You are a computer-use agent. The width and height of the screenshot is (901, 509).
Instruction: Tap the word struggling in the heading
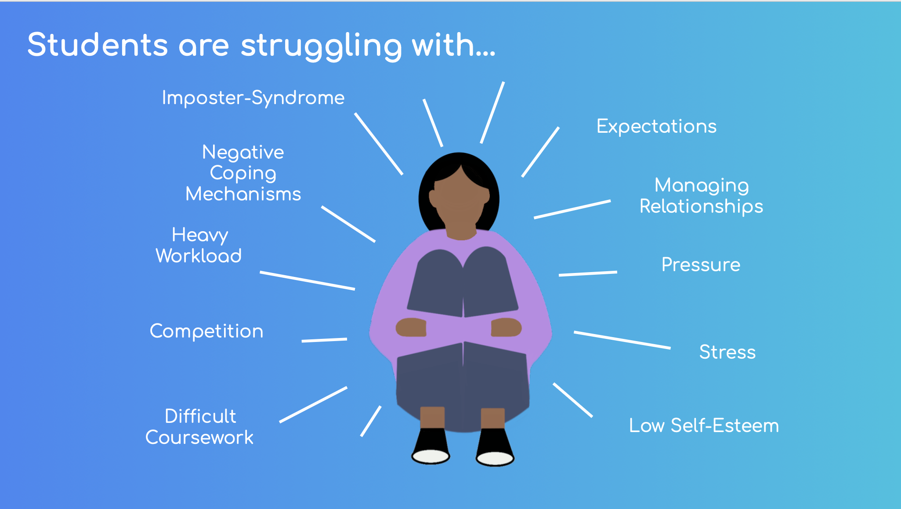point(321,47)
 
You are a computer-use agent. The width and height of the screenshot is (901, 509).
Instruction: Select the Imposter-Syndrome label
point(253,98)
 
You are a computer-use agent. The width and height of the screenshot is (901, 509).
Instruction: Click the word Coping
point(243,174)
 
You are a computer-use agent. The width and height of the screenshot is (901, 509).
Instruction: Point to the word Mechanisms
point(243,194)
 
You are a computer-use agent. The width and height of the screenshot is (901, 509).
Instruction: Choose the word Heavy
point(200,236)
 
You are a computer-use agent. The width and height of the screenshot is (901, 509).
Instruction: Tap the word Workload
point(199,256)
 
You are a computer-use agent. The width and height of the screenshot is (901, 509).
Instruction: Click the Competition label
point(206,331)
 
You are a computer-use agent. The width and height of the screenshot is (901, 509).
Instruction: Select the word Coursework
point(199,437)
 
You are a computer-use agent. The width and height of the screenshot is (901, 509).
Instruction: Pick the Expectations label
point(656,127)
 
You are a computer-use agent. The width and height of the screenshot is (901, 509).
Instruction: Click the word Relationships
point(701,207)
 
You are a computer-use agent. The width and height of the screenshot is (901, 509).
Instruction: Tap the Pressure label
point(701,265)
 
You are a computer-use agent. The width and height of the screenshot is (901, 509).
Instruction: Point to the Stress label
point(727,352)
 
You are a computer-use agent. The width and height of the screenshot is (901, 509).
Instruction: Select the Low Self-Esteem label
point(704,425)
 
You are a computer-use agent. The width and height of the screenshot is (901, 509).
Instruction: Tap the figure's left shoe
point(431,446)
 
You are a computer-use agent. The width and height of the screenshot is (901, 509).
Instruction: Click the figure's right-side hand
point(506,327)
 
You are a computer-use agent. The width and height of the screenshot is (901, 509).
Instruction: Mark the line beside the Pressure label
point(588,274)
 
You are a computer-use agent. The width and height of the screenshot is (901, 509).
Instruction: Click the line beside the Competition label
point(324,340)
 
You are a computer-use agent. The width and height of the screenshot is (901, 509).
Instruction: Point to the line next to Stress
point(622,340)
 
